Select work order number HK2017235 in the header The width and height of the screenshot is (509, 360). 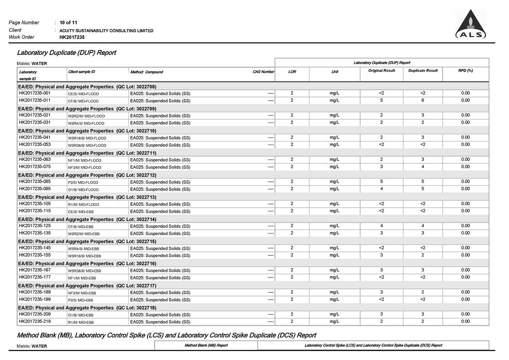72,37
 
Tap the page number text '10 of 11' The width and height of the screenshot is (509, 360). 69,22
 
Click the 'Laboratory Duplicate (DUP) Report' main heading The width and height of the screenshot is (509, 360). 66,53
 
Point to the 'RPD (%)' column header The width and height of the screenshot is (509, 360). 465,71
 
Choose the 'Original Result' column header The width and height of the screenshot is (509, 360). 381,71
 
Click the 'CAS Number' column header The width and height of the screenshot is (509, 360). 263,72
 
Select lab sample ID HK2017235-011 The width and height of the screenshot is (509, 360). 34,100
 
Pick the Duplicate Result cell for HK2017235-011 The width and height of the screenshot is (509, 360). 422,100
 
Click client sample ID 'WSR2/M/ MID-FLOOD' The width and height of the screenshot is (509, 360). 86,116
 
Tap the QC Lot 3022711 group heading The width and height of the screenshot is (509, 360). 87,153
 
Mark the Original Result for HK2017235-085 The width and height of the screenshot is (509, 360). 381,181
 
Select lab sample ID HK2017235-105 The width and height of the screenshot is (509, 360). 34,204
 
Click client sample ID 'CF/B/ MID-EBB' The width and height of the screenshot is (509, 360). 81,227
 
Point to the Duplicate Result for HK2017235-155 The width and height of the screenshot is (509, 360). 422,255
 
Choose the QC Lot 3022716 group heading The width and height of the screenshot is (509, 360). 87,263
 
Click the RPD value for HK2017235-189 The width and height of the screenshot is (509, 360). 465,292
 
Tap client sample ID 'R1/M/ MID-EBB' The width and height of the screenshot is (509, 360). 81,322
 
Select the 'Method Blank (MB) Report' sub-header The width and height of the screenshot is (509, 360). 206,345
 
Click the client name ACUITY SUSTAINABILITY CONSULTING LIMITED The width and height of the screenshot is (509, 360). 107,31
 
